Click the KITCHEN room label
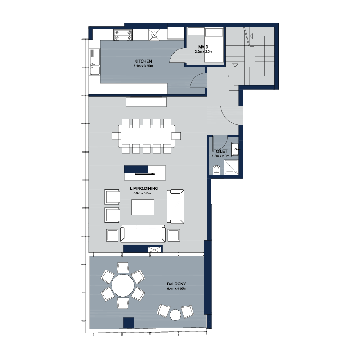pyautogui.click(x=143, y=61)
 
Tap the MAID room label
pyautogui.click(x=203, y=47)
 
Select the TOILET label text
pyautogui.click(x=220, y=151)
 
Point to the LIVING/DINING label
pyautogui.click(x=144, y=189)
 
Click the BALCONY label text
pyautogui.click(x=176, y=284)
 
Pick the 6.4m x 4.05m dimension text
pyautogui.click(x=176, y=288)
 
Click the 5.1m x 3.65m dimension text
pyautogui.click(x=143, y=66)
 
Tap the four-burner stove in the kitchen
pyautogui.click(x=123, y=35)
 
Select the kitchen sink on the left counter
pyautogui.click(x=94, y=62)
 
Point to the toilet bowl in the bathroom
pyautogui.click(x=216, y=170)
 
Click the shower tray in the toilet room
pyautogui.click(x=231, y=167)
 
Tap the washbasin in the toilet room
pyautogui.click(x=235, y=149)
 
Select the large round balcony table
pyautogui.click(x=123, y=286)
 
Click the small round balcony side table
pyautogui.click(x=175, y=315)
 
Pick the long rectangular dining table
pyautogui.click(x=147, y=136)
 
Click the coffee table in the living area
pyautogui.click(x=143, y=207)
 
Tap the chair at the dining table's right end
pyautogui.click(x=176, y=136)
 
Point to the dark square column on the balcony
pyautogui.click(x=129, y=323)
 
